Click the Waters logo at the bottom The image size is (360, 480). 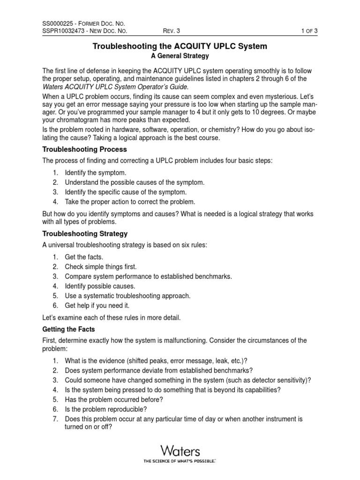coord(180,452)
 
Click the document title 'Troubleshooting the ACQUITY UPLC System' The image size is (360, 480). coord(180,46)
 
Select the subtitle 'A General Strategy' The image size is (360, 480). coord(180,56)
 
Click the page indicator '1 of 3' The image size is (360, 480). coord(309,31)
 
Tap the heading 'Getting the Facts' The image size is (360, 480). coord(68,330)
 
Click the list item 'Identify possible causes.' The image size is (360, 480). coord(100,286)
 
